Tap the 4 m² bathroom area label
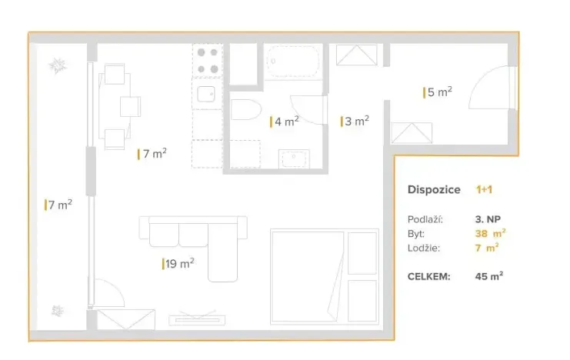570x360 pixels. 284,121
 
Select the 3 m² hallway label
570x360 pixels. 355,121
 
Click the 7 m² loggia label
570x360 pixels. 58,205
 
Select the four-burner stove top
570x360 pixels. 207,61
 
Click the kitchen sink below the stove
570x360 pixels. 205,94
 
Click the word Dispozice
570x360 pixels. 434,189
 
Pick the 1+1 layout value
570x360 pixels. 485,189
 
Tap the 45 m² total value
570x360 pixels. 489,275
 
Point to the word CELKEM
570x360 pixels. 428,275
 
